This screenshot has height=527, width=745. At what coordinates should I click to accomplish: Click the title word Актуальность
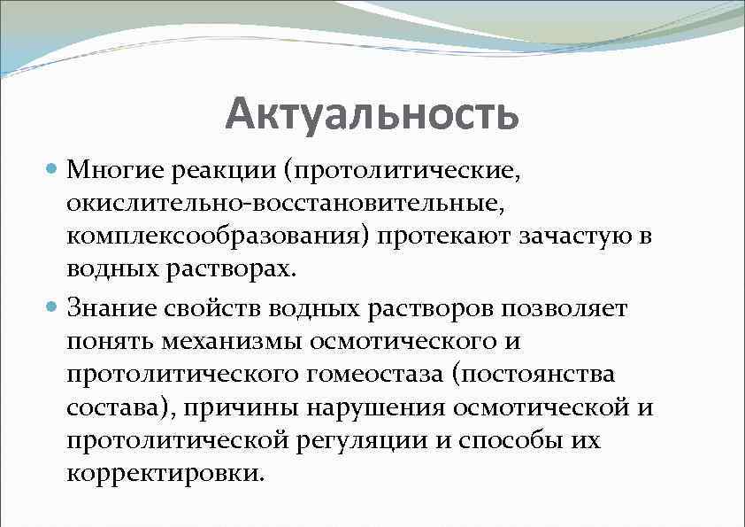click(371, 114)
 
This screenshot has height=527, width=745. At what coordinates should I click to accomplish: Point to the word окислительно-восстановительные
click(285, 204)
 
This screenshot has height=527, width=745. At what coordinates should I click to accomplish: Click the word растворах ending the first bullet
click(234, 268)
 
